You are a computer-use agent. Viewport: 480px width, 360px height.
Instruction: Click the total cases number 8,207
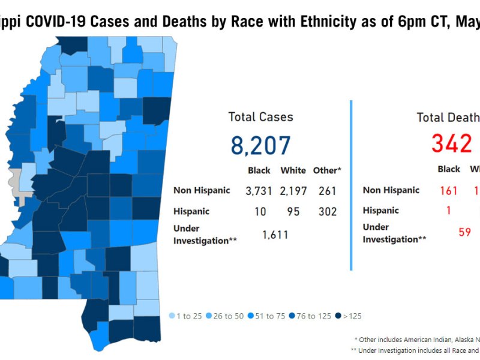coord(260,146)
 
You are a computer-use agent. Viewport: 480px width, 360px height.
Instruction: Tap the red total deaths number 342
coord(451,144)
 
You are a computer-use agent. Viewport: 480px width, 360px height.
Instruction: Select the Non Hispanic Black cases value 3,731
coord(259,191)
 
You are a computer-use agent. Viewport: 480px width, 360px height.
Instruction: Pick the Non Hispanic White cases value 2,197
coord(293,191)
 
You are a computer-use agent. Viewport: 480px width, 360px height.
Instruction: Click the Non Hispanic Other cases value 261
coord(327,191)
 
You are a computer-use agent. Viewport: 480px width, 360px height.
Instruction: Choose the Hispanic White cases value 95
coord(293,212)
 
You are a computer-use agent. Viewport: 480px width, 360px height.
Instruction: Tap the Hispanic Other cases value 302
coord(327,212)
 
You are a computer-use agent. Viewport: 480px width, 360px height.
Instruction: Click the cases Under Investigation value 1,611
coord(275,235)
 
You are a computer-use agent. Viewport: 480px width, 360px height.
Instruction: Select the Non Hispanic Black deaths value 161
coord(449,191)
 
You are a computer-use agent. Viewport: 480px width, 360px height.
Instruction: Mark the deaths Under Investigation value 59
coord(464,232)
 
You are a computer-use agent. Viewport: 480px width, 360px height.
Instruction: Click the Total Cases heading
coord(260,117)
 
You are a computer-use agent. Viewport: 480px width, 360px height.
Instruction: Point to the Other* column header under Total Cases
coord(327,170)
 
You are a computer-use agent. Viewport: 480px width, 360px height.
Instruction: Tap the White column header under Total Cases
coord(293,170)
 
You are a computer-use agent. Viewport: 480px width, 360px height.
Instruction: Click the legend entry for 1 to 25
coord(187,316)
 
